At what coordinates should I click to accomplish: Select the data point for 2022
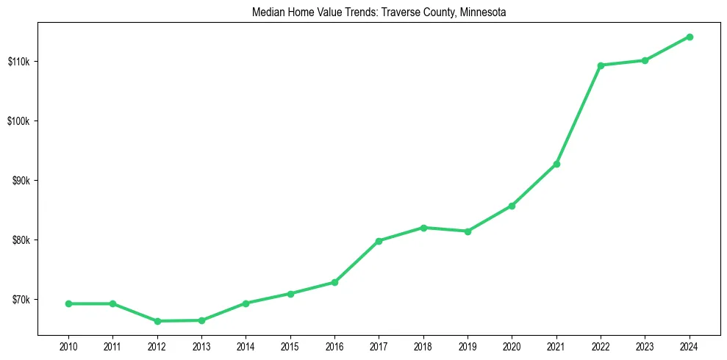pyautogui.click(x=601, y=65)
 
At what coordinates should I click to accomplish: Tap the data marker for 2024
pyautogui.click(x=690, y=37)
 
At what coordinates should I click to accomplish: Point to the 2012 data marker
pyautogui.click(x=157, y=321)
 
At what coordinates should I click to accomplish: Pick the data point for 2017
pyautogui.click(x=379, y=241)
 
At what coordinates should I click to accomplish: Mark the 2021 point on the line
pyautogui.click(x=556, y=164)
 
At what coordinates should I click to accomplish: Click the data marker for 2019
pyautogui.click(x=468, y=231)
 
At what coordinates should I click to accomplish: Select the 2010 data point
pyautogui.click(x=68, y=303)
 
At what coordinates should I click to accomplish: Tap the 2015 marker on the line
pyautogui.click(x=290, y=294)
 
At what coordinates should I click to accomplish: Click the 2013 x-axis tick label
pyautogui.click(x=201, y=346)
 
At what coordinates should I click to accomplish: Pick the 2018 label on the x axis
pyautogui.click(x=423, y=346)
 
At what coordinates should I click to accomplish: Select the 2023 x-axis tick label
pyautogui.click(x=645, y=346)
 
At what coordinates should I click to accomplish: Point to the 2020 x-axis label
pyautogui.click(x=512, y=346)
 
